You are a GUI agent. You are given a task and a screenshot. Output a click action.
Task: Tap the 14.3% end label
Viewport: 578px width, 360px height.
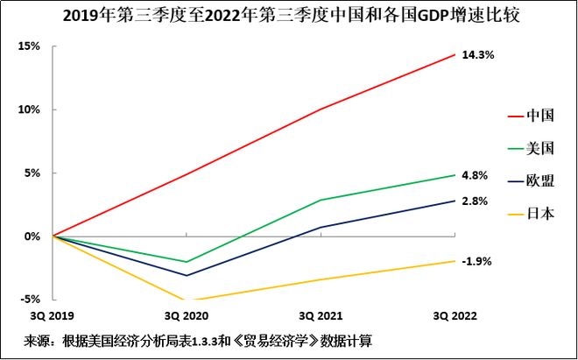coord(478,55)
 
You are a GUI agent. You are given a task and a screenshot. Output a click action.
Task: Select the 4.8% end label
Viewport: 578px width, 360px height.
coord(475,175)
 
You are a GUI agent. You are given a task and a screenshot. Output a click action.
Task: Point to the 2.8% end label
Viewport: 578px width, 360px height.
coord(475,201)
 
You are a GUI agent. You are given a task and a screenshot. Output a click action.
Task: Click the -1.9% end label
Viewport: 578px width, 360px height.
coord(476,261)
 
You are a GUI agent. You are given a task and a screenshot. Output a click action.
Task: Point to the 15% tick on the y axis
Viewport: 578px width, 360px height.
coord(30,46)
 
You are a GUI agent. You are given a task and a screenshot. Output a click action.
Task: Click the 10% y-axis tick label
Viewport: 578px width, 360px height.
coord(30,109)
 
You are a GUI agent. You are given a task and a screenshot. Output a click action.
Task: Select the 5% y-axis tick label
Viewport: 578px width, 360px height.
coord(32,173)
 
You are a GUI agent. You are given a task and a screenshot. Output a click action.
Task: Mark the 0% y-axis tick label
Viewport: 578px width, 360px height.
coord(32,236)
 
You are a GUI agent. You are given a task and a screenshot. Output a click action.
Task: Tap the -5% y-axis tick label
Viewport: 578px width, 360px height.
coord(31,300)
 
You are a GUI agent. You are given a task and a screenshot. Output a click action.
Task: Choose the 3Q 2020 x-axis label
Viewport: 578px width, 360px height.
coord(187,314)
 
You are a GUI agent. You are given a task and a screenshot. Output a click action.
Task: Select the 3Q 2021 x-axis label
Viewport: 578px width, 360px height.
coord(321,314)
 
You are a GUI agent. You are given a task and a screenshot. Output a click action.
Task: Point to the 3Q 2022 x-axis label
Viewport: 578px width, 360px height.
coord(455,314)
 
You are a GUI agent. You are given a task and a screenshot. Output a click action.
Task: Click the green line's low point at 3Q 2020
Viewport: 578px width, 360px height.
coord(187,262)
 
